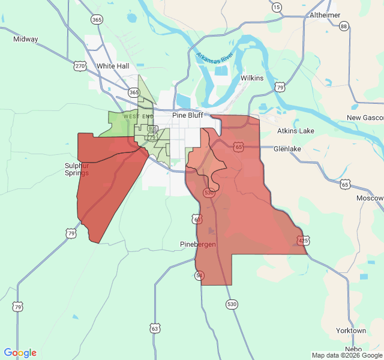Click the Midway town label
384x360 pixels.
[25, 39]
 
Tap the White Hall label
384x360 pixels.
[113, 66]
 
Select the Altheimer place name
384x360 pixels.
[325, 15]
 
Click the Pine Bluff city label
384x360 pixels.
[188, 115]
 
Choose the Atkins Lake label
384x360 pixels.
[295, 131]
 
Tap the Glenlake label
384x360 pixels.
[290, 148]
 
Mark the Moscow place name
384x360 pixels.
[370, 198]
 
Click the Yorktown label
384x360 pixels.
[351, 331]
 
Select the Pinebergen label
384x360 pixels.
[198, 244]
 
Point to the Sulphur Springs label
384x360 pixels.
[77, 169]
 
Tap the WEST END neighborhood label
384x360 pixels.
[139, 116]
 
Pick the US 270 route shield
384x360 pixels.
[80, 66]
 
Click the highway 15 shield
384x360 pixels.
[276, 7]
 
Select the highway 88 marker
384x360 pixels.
[344, 26]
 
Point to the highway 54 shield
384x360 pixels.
[200, 275]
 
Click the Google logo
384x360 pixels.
[20, 353]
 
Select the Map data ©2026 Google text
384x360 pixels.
[347, 355]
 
